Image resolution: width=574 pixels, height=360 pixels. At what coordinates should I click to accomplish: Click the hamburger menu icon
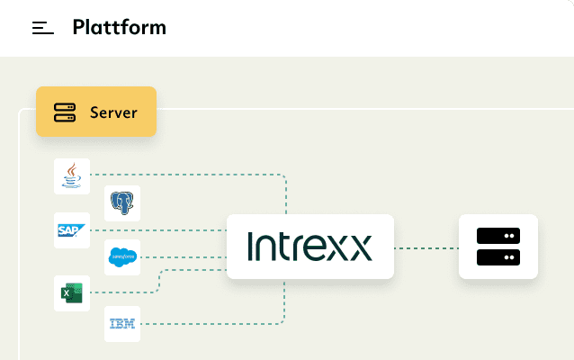pos(43,28)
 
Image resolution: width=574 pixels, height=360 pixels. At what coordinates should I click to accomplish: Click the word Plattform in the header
pos(119,27)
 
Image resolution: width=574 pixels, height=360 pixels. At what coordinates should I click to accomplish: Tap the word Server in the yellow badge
pos(113,112)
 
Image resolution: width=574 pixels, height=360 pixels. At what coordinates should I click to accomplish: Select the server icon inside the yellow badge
pos(65,112)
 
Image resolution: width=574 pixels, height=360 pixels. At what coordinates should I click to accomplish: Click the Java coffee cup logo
pos(71,175)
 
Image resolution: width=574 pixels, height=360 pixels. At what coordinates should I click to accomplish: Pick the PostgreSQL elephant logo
pos(122,203)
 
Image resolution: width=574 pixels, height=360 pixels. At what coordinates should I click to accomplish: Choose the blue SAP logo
pos(71,230)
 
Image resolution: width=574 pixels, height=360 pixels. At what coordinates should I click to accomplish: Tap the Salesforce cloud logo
pos(122,259)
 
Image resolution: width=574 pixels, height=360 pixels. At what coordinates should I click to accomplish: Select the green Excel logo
pos(71,292)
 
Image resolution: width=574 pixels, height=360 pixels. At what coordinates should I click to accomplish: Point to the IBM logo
pos(122,323)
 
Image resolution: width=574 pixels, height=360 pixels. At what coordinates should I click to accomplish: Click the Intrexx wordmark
pos(309,247)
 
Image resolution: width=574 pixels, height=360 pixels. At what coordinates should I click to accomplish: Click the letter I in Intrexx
pos(250,247)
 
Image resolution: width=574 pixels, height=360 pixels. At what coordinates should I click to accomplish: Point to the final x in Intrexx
pos(359,247)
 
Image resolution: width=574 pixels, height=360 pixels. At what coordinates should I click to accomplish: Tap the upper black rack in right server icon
pos(498,236)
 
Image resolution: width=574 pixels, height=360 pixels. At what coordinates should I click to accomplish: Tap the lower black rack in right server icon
pos(498,257)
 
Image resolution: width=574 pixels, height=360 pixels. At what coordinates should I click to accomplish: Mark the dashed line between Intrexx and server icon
pos(426,247)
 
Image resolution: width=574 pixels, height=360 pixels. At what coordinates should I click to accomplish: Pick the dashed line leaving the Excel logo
pos(126,292)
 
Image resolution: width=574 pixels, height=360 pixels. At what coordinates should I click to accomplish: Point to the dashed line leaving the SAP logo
pos(180,230)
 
